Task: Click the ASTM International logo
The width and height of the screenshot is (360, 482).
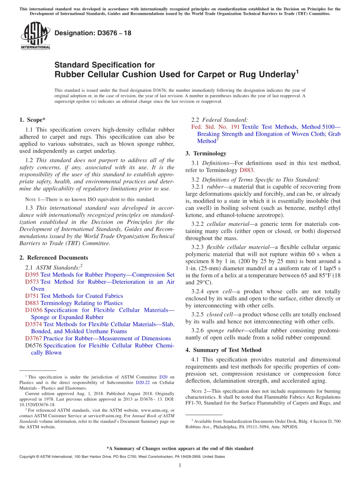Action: click(35, 36)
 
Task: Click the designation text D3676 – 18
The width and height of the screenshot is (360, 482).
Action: click(93, 33)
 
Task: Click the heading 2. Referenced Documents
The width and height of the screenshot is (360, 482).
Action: click(53, 258)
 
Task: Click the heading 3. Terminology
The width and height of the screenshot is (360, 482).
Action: click(206, 153)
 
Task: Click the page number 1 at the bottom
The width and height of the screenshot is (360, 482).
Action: click(180, 466)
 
